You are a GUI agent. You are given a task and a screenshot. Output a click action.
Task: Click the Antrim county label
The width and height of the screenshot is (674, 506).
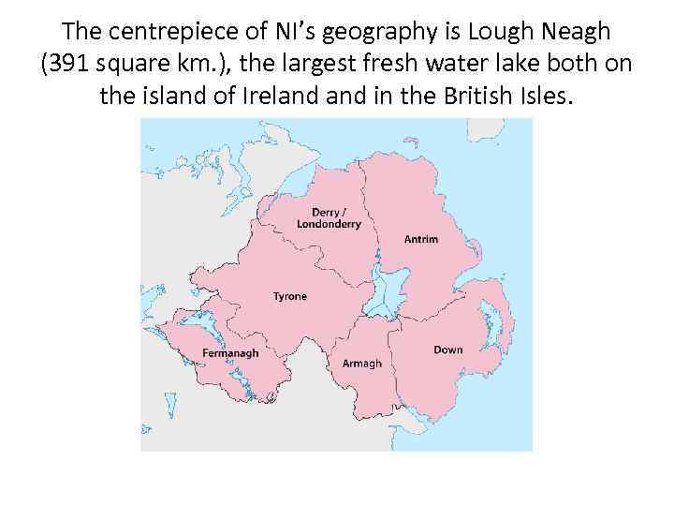coord(420,239)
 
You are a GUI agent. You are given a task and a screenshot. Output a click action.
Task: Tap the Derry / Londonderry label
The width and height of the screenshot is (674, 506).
coord(329,218)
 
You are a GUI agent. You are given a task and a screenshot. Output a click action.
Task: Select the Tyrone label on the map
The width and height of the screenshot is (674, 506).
coord(289,296)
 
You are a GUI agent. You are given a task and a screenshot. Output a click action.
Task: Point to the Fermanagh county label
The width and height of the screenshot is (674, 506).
coord(230,353)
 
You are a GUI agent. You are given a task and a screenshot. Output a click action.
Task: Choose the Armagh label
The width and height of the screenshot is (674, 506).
coord(361,363)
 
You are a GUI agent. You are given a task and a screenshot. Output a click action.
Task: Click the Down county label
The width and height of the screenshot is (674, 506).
coord(447,350)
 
